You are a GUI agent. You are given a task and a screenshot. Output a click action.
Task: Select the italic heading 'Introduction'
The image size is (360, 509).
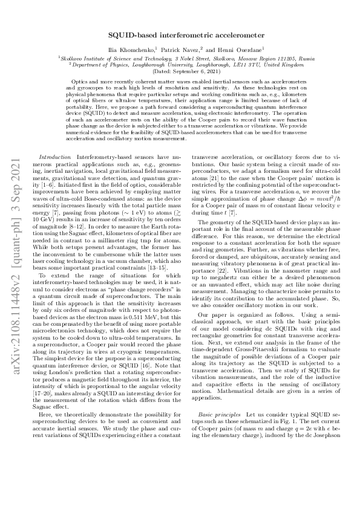pyautogui.click(x=51, y=156)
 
